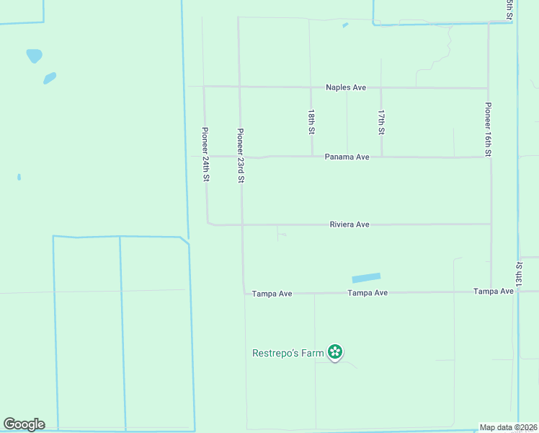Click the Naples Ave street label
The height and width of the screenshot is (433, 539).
(x=346, y=87)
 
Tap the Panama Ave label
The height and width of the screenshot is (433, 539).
(x=347, y=157)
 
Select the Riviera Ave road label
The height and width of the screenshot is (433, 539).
(x=349, y=224)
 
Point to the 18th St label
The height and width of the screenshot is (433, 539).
(x=311, y=122)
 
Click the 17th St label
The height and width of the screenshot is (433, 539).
(x=381, y=122)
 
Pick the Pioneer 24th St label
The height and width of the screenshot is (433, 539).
(x=205, y=154)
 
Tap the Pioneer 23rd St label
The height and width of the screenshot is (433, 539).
(x=241, y=155)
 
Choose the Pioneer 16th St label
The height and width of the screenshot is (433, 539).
(x=488, y=129)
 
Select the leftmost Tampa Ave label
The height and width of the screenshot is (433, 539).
(x=271, y=294)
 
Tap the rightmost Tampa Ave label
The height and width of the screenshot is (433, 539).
(x=494, y=291)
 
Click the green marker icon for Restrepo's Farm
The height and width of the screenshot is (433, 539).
(x=335, y=352)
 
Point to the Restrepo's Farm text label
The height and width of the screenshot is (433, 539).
(x=288, y=353)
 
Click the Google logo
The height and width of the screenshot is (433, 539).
(x=24, y=424)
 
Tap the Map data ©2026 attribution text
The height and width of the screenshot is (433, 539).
(x=509, y=427)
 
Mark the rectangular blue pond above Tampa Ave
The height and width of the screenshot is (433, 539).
(x=365, y=278)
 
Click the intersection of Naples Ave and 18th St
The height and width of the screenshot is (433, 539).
(x=311, y=87)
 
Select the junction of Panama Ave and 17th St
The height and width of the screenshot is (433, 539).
(x=381, y=157)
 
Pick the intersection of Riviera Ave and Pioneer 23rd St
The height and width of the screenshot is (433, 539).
(x=241, y=224)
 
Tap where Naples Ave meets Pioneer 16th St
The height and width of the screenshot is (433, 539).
(x=489, y=88)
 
